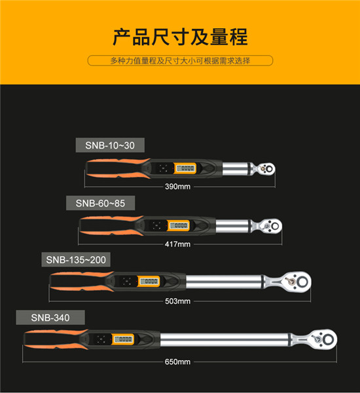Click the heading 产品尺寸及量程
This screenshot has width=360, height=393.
[x=180, y=37]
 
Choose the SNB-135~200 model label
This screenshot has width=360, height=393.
[x=76, y=260]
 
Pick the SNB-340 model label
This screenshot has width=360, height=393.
[x=50, y=318]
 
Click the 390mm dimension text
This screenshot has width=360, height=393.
[x=179, y=187]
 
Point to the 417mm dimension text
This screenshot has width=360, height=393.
[x=179, y=244]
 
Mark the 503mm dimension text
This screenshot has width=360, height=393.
[x=179, y=301]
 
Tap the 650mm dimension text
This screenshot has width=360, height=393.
[x=179, y=362]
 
